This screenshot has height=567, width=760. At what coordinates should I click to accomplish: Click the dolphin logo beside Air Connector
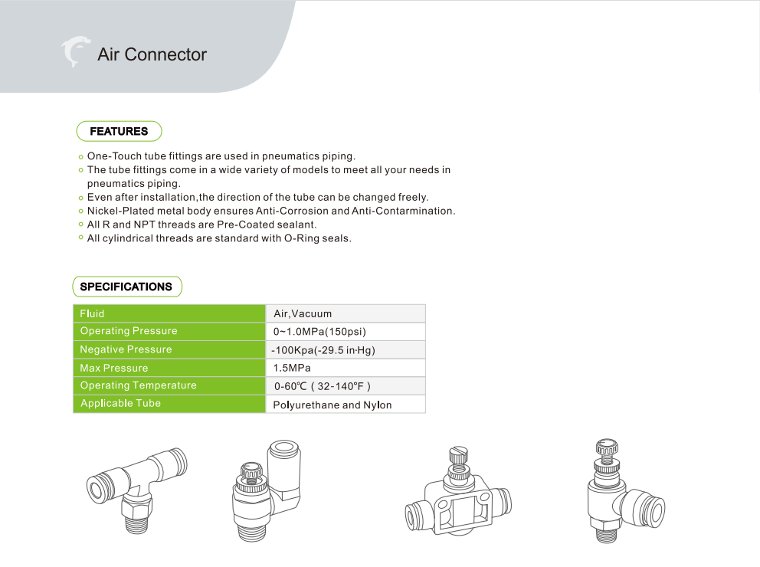pyautogui.click(x=75, y=51)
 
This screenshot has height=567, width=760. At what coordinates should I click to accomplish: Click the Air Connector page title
pyautogui.click(x=152, y=55)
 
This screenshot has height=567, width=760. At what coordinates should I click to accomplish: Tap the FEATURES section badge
pyautogui.click(x=119, y=131)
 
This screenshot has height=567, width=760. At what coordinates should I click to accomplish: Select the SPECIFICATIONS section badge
pyautogui.click(x=126, y=287)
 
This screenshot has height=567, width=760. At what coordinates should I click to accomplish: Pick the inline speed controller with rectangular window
pyautogui.click(x=457, y=498)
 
